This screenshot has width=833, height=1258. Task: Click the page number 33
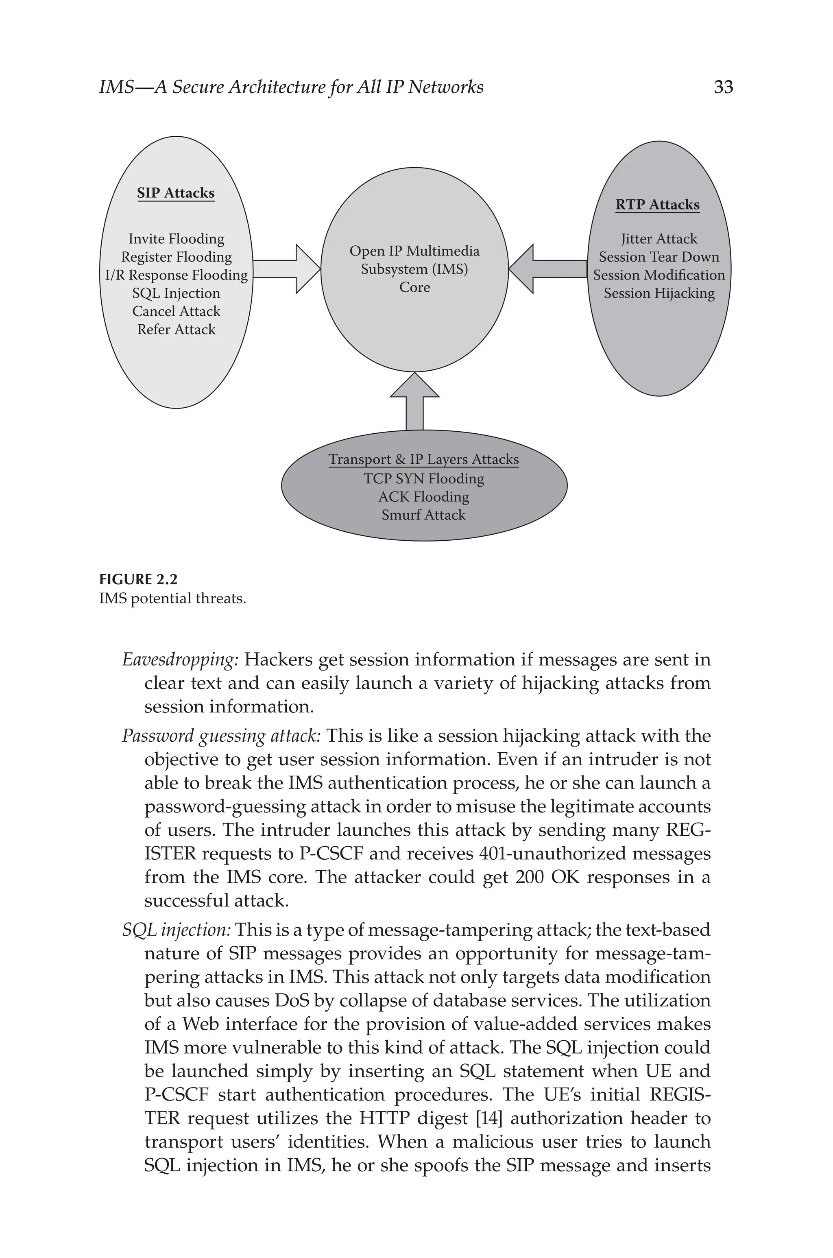point(723,87)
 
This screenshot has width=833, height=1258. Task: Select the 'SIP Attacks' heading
point(176,193)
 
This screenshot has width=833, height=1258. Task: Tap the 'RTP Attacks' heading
point(658,205)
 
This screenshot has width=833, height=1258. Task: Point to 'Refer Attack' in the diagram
point(177,330)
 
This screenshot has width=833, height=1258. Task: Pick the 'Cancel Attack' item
point(177,311)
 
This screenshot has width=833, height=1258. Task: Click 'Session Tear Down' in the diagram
point(659,257)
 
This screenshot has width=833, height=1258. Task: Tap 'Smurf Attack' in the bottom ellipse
point(423,515)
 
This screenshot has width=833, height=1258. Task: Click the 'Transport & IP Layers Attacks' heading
point(423,459)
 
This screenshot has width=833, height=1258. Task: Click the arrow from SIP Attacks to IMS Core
point(287,269)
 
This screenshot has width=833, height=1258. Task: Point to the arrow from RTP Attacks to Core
point(547,269)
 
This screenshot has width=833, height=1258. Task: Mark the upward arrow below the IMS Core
point(414,401)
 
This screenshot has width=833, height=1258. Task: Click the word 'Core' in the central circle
point(414,287)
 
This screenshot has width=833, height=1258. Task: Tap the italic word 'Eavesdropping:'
point(180,660)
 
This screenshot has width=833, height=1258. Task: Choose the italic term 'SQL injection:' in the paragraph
point(177,930)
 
